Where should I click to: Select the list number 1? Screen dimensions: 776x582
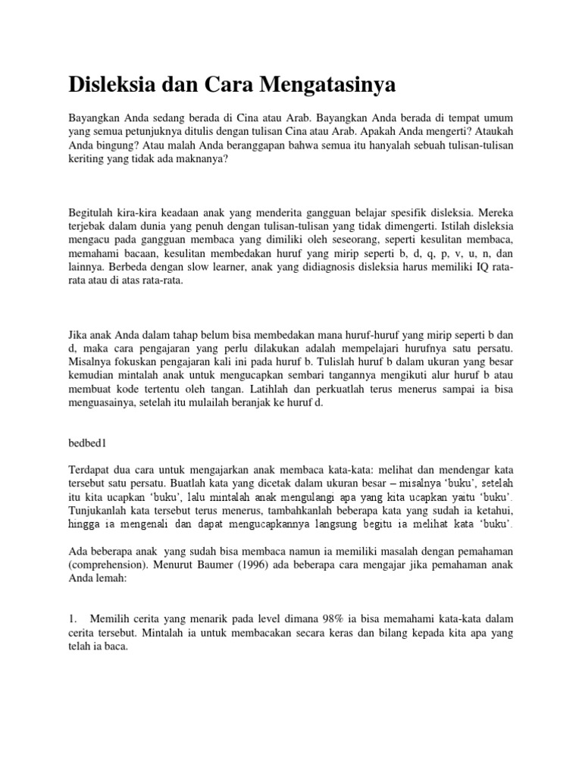pos(73,621)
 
